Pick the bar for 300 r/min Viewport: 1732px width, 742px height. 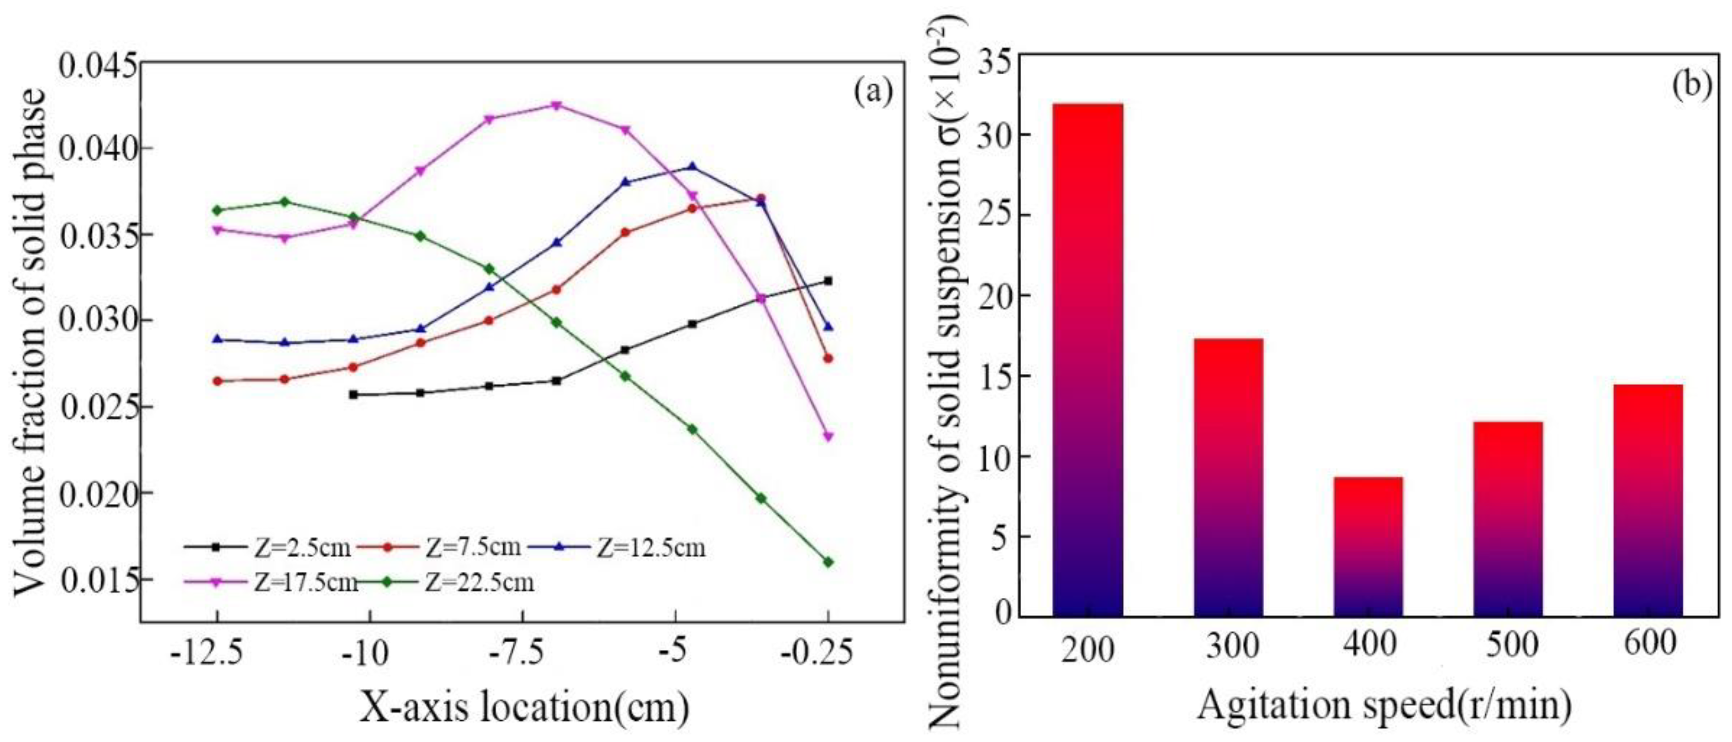point(1229,477)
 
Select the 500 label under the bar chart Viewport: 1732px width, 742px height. point(1508,647)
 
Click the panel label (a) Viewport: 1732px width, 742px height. point(873,92)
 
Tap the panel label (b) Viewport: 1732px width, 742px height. point(1692,85)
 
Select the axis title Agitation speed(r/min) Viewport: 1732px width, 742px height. point(1385,706)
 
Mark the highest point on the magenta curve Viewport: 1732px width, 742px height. point(556,106)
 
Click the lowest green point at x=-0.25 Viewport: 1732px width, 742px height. point(828,562)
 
